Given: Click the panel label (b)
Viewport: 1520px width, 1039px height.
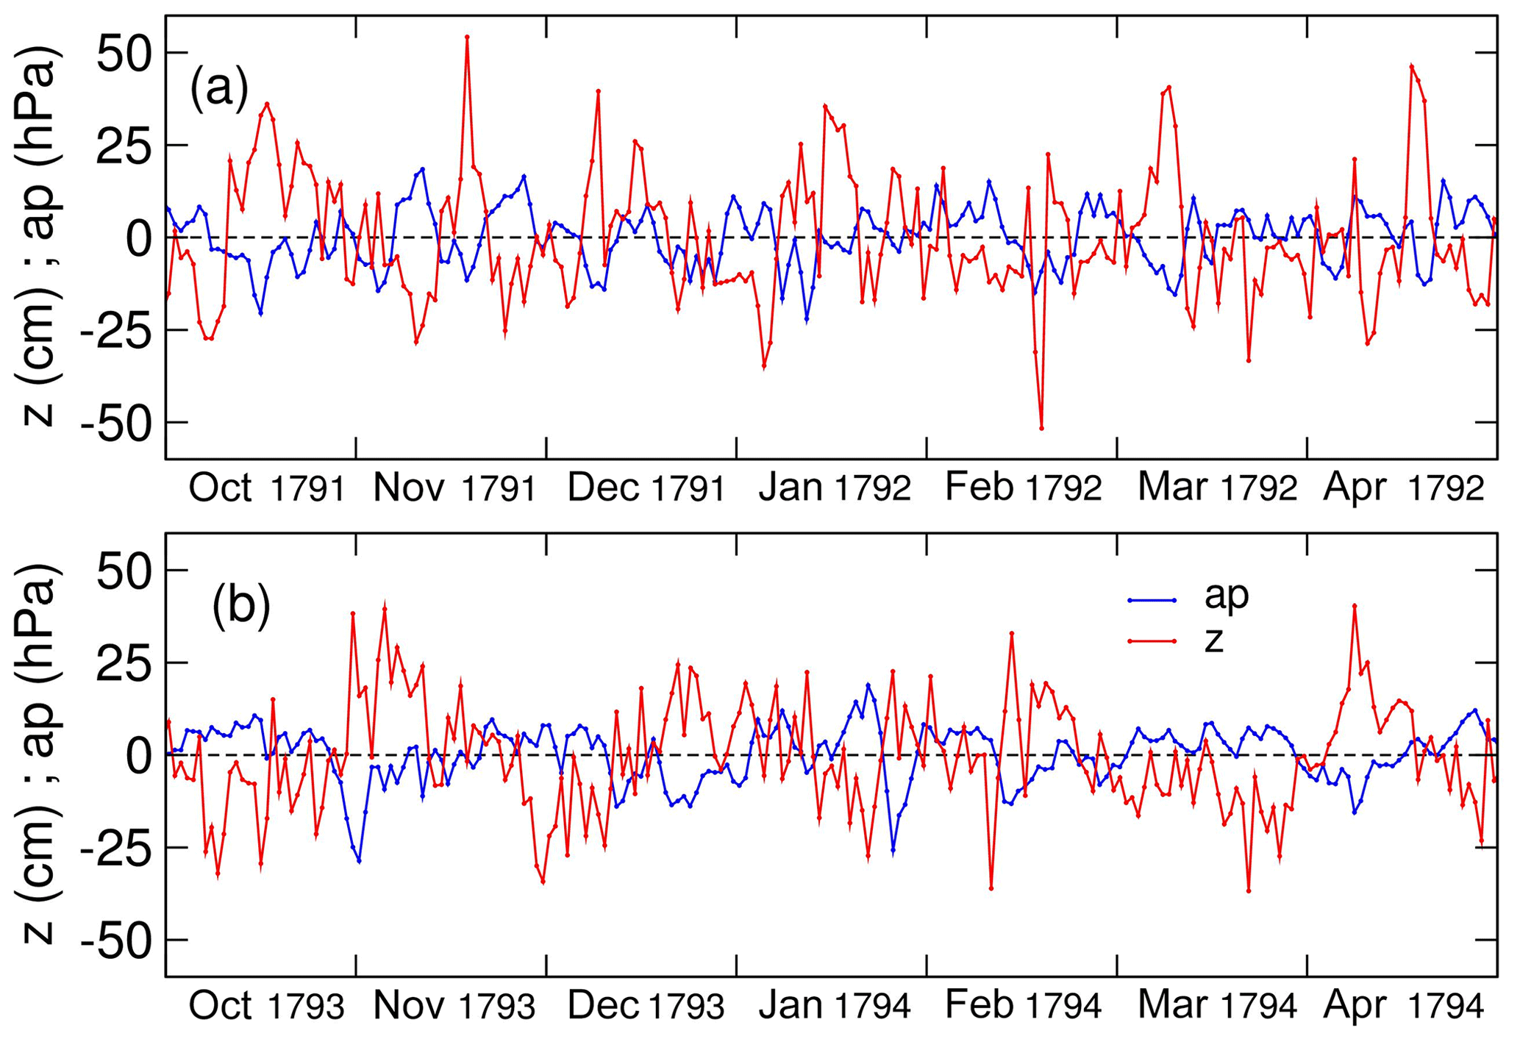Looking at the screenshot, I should (x=241, y=607).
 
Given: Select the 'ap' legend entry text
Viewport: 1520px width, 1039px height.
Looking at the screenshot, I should (x=1227, y=596).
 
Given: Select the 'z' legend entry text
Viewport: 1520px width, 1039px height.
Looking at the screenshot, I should (x=1213, y=640).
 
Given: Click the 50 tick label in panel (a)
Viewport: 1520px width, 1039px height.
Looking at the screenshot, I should (x=124, y=53).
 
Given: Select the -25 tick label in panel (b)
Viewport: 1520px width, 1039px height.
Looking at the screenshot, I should (x=115, y=848).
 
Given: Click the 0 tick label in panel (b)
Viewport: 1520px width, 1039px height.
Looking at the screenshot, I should (x=137, y=755).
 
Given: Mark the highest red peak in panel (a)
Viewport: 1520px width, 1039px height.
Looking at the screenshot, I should (x=467, y=36).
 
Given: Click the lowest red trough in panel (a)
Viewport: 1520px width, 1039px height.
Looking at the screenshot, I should (x=1041, y=428).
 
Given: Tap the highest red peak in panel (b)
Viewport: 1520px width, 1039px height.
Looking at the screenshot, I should (x=1354, y=605).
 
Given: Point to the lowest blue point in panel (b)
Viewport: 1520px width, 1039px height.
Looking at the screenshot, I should (x=359, y=860).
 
